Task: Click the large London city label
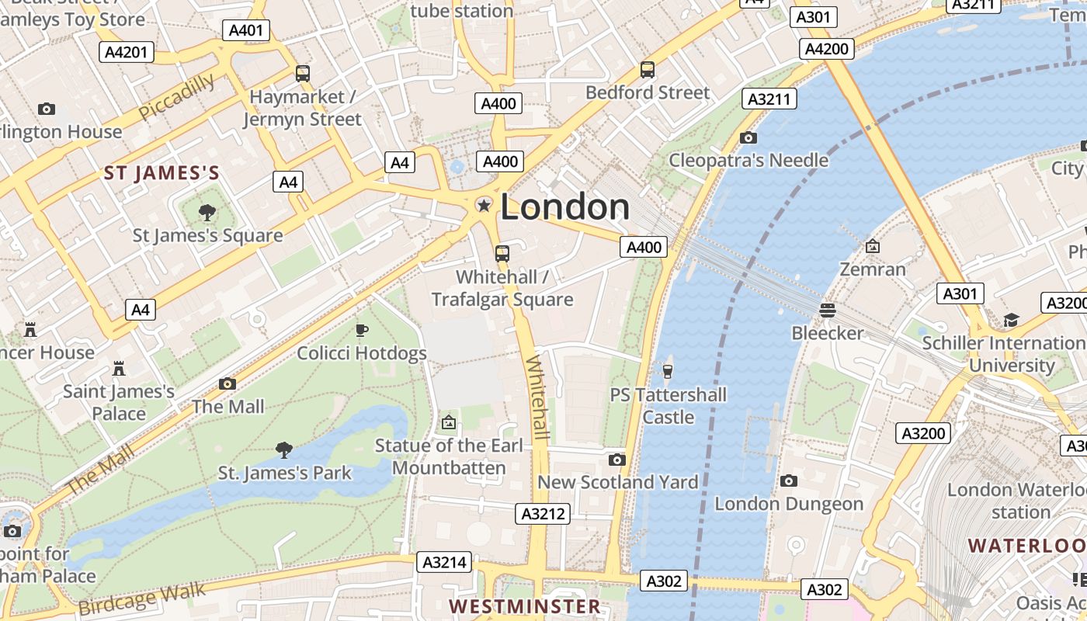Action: (x=565, y=207)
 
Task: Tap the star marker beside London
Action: (x=484, y=205)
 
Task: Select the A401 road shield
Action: (x=247, y=30)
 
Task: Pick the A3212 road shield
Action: (x=543, y=513)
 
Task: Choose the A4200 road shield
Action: (x=827, y=49)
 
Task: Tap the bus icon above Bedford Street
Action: (x=648, y=70)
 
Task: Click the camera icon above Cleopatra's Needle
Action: (x=748, y=138)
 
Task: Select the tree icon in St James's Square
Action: (x=207, y=212)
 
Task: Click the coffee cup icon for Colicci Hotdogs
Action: (x=362, y=330)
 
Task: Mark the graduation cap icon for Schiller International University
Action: (x=1011, y=320)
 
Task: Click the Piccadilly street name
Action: (x=177, y=97)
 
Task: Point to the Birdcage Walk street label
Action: (x=142, y=598)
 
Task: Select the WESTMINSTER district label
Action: (x=525, y=606)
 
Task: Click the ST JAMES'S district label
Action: (x=162, y=173)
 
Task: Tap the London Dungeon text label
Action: (x=789, y=504)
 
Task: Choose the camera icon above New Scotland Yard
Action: (x=617, y=460)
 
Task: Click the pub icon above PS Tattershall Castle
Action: (x=668, y=371)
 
